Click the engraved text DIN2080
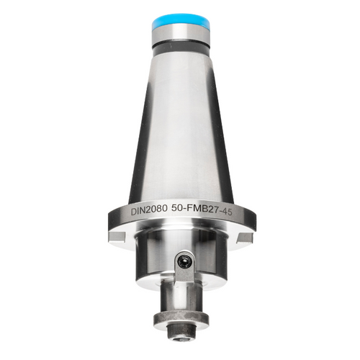[150, 210]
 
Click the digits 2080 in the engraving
[158, 210]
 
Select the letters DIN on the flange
[140, 210]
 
